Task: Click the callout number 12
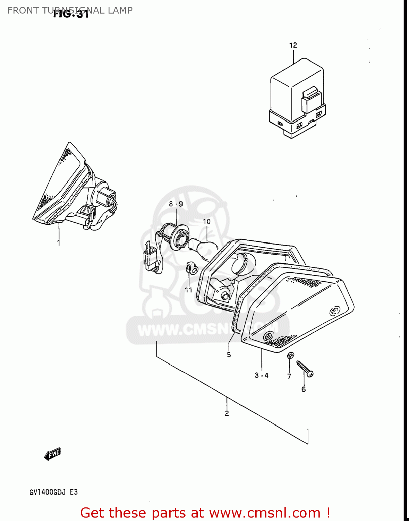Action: tap(293, 45)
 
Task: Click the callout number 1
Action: tap(58, 243)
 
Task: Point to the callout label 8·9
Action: tap(176, 204)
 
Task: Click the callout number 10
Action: tap(206, 222)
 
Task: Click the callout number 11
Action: tap(188, 290)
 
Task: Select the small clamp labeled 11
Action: tap(191, 268)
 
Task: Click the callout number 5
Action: tap(229, 355)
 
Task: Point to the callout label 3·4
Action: tap(262, 375)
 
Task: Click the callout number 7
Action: tap(289, 376)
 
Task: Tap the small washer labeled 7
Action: tap(291, 355)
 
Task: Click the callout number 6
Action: tap(304, 389)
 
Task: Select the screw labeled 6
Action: tap(305, 369)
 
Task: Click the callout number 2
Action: tap(227, 413)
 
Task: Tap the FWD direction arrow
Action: tap(52, 454)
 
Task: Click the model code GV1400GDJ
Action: tap(49, 492)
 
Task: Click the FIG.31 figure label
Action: tap(71, 14)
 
